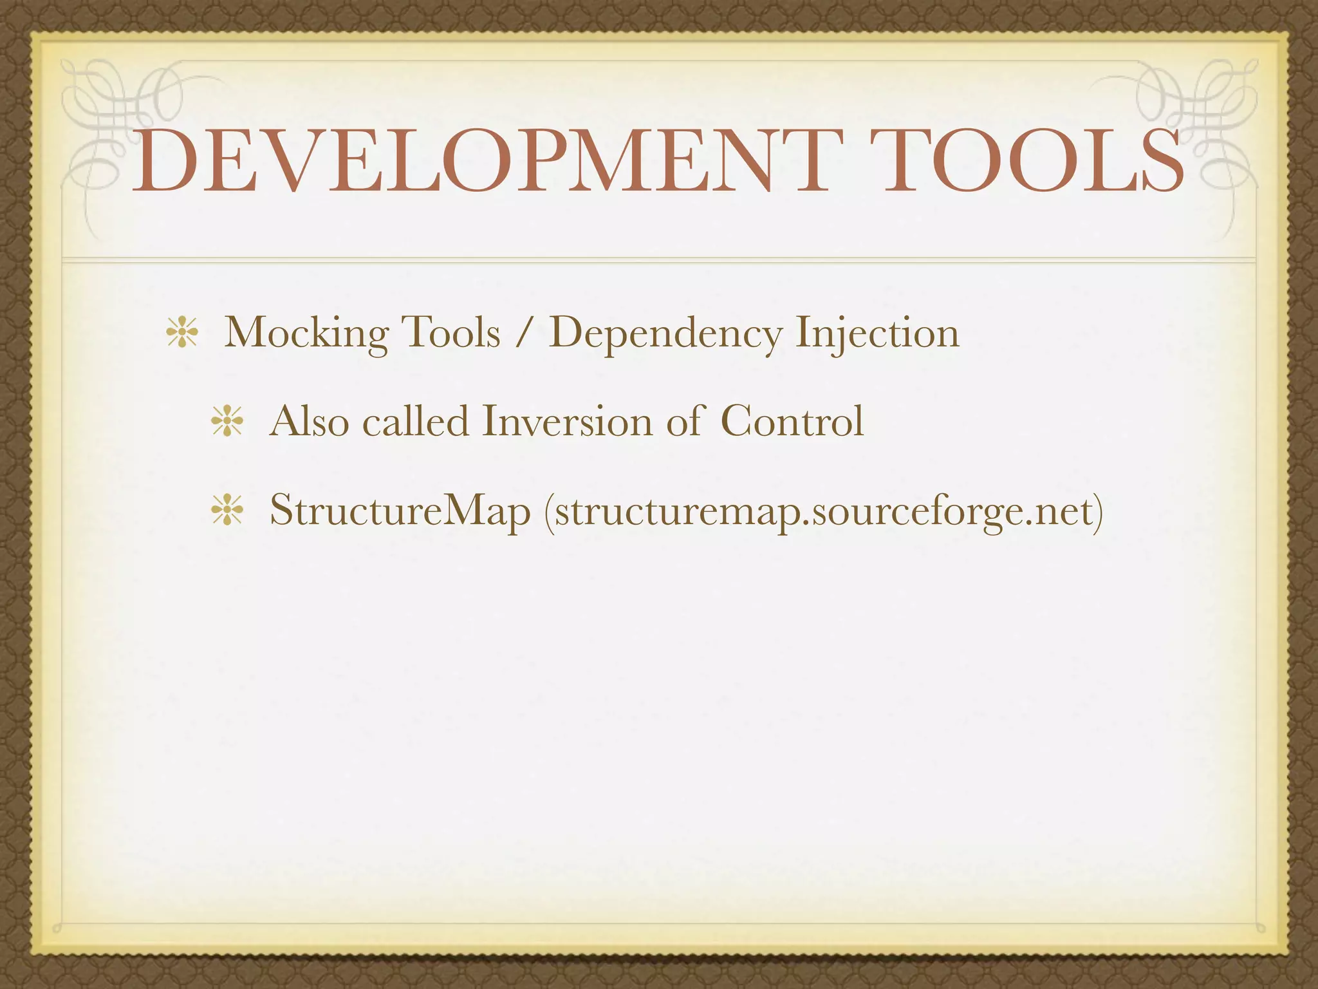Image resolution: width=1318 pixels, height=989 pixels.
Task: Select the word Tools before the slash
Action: pos(450,334)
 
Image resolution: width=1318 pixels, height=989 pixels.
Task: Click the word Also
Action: pos(309,422)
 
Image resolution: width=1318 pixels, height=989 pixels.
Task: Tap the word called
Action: pos(416,422)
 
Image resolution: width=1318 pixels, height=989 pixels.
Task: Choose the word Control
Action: pos(792,422)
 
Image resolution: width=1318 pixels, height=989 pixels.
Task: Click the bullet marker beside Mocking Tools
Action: pos(181,335)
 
